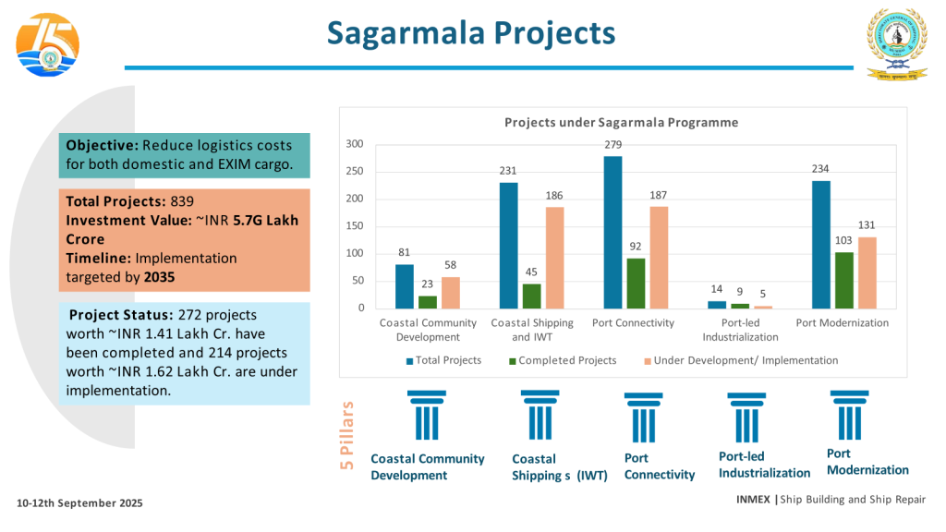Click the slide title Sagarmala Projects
471,33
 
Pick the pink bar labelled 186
554,258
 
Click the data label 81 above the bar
405,253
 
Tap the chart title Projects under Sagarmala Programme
621,123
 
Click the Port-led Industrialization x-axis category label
739,330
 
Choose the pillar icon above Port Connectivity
643,417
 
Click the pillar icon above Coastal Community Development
426,416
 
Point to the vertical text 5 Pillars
347,436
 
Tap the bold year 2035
160,276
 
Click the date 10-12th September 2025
80,503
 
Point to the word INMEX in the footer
753,500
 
